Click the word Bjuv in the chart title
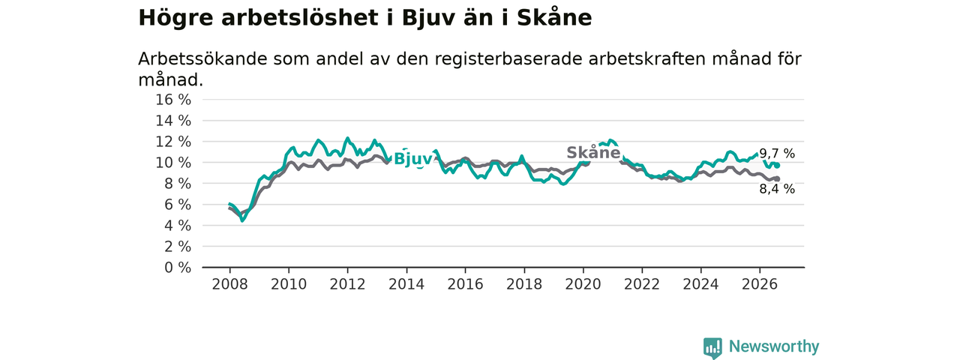tap(427, 19)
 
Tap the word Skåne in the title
tap(554, 17)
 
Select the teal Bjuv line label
tap(413, 160)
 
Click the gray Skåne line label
tap(593, 152)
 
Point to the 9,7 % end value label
tap(777, 154)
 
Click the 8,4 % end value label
tap(777, 189)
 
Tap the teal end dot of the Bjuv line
tap(777, 166)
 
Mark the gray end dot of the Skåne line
tap(777, 179)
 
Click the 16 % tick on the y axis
tap(173, 100)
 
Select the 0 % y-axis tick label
tap(178, 268)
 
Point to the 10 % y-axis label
tap(173, 163)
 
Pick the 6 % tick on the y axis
tap(178, 205)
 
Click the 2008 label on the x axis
tap(229, 284)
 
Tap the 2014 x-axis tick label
tap(406, 284)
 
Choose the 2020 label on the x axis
tap(583, 284)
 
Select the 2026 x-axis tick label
tap(760, 284)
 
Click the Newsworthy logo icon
tap(712, 347)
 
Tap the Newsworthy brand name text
tap(774, 346)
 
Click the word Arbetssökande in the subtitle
tap(202, 59)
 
